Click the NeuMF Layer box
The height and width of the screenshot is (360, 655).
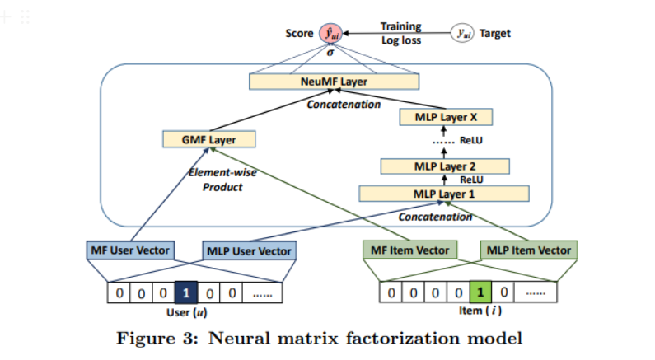335,82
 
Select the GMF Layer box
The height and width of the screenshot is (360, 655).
209,139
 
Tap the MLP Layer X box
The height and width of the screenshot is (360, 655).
446,117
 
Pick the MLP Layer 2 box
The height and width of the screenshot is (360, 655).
445,166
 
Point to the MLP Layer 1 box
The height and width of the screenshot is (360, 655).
444,194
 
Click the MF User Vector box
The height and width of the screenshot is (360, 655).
130,250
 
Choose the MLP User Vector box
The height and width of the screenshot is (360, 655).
250,250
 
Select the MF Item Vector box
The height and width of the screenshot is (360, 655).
409,250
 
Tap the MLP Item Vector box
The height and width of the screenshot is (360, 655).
529,250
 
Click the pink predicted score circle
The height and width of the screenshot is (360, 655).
331,34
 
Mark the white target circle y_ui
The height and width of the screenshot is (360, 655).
462,33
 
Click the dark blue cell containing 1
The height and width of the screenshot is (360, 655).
186,292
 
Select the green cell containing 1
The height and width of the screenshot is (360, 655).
480,292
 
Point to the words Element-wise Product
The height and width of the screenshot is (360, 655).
222,180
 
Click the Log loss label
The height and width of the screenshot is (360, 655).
401,40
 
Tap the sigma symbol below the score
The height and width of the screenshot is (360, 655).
330,53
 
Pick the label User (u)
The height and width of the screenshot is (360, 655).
187,312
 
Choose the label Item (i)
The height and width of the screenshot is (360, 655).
480,311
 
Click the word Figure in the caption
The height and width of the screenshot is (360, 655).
146,338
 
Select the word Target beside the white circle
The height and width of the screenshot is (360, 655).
495,34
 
